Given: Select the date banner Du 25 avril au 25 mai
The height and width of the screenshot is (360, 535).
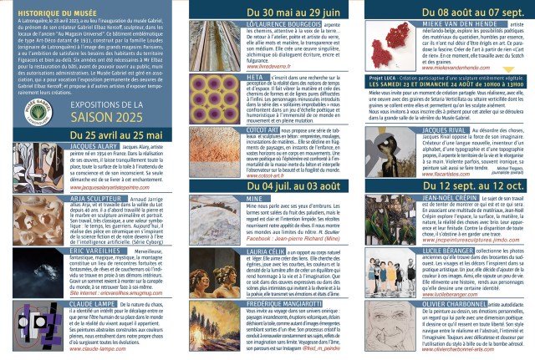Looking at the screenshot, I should pos(88,159).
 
